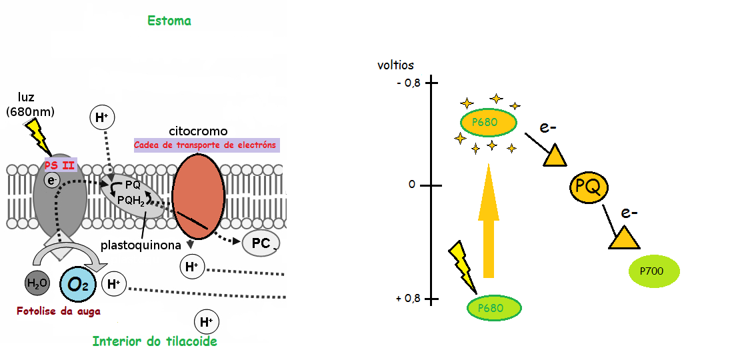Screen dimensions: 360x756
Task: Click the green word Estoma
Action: click(169, 21)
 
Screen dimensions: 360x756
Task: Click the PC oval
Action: click(261, 243)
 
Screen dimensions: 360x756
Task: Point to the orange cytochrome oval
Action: click(198, 196)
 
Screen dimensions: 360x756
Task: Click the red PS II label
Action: click(60, 165)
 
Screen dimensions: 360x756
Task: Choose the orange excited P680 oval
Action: click(489, 123)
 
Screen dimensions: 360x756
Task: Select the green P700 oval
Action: click(654, 271)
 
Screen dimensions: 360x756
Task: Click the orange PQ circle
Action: click(589, 189)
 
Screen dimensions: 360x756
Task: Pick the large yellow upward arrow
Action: click(489, 220)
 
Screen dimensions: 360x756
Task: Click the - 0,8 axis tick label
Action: click(408, 83)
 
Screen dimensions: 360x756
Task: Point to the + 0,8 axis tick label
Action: click(408, 299)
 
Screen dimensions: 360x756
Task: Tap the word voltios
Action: click(395, 65)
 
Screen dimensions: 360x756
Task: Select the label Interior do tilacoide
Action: click(155, 341)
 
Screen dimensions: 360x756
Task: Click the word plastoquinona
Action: click(141, 245)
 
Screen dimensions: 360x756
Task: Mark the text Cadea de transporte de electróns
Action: click(205, 145)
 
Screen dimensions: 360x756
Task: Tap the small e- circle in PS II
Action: click(51, 179)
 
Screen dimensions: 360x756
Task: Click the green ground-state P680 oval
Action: click(494, 308)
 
